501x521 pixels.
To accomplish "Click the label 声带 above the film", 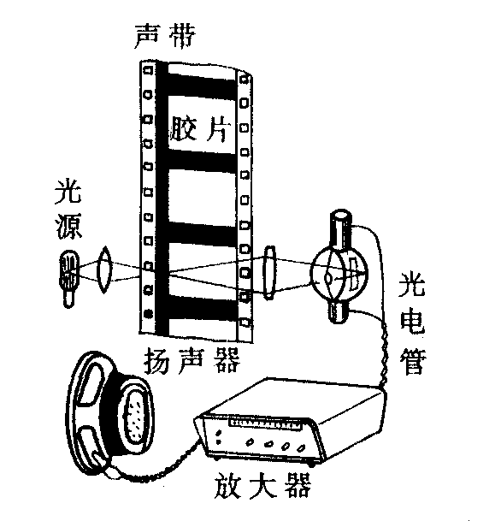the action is click(x=165, y=36).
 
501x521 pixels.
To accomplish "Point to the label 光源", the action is click(x=68, y=210).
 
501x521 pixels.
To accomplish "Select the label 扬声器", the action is click(x=192, y=360).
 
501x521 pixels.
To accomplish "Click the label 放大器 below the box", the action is click(x=263, y=484).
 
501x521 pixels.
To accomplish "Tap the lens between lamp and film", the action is click(x=104, y=269).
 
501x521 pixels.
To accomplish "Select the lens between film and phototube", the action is click(x=269, y=273).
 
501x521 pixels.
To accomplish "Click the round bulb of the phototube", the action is click(x=339, y=272).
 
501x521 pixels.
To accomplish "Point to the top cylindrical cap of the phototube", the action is click(x=341, y=229).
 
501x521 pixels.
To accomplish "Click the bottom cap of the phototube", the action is click(x=339, y=310).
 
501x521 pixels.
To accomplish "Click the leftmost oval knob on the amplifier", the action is click(x=250, y=442).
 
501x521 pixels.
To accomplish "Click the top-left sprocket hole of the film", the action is click(x=148, y=70).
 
